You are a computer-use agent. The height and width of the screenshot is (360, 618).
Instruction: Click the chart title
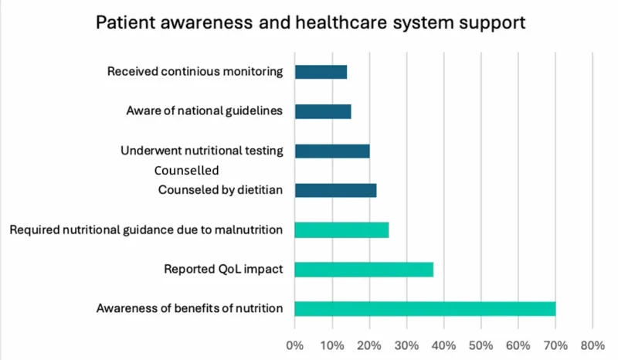(x=311, y=22)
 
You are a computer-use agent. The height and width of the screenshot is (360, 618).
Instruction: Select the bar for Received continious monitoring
(x=321, y=72)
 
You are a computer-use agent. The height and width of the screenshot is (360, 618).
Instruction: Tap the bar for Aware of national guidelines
(x=323, y=111)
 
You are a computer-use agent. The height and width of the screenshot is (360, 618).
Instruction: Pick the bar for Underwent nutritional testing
(x=332, y=151)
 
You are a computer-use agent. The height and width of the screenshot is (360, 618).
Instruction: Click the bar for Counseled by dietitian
(x=335, y=190)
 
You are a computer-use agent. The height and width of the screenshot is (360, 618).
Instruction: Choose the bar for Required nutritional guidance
(x=341, y=229)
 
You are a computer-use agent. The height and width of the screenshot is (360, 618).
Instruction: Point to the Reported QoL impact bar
(x=364, y=269)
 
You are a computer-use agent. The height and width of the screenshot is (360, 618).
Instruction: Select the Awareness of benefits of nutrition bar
(x=425, y=308)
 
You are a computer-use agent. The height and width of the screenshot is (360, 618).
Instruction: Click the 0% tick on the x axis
(x=294, y=345)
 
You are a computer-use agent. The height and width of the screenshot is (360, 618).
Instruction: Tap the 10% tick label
(x=331, y=345)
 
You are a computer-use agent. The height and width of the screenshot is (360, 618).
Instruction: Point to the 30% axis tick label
(x=406, y=345)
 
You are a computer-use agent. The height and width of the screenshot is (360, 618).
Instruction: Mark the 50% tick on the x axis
(x=480, y=345)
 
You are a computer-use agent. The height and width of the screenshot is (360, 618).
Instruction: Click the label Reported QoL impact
(x=223, y=270)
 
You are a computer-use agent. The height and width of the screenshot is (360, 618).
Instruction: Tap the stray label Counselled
(x=186, y=170)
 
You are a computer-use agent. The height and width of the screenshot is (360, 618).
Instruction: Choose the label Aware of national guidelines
(x=205, y=111)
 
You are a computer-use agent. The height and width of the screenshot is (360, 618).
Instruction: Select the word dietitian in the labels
(x=259, y=190)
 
